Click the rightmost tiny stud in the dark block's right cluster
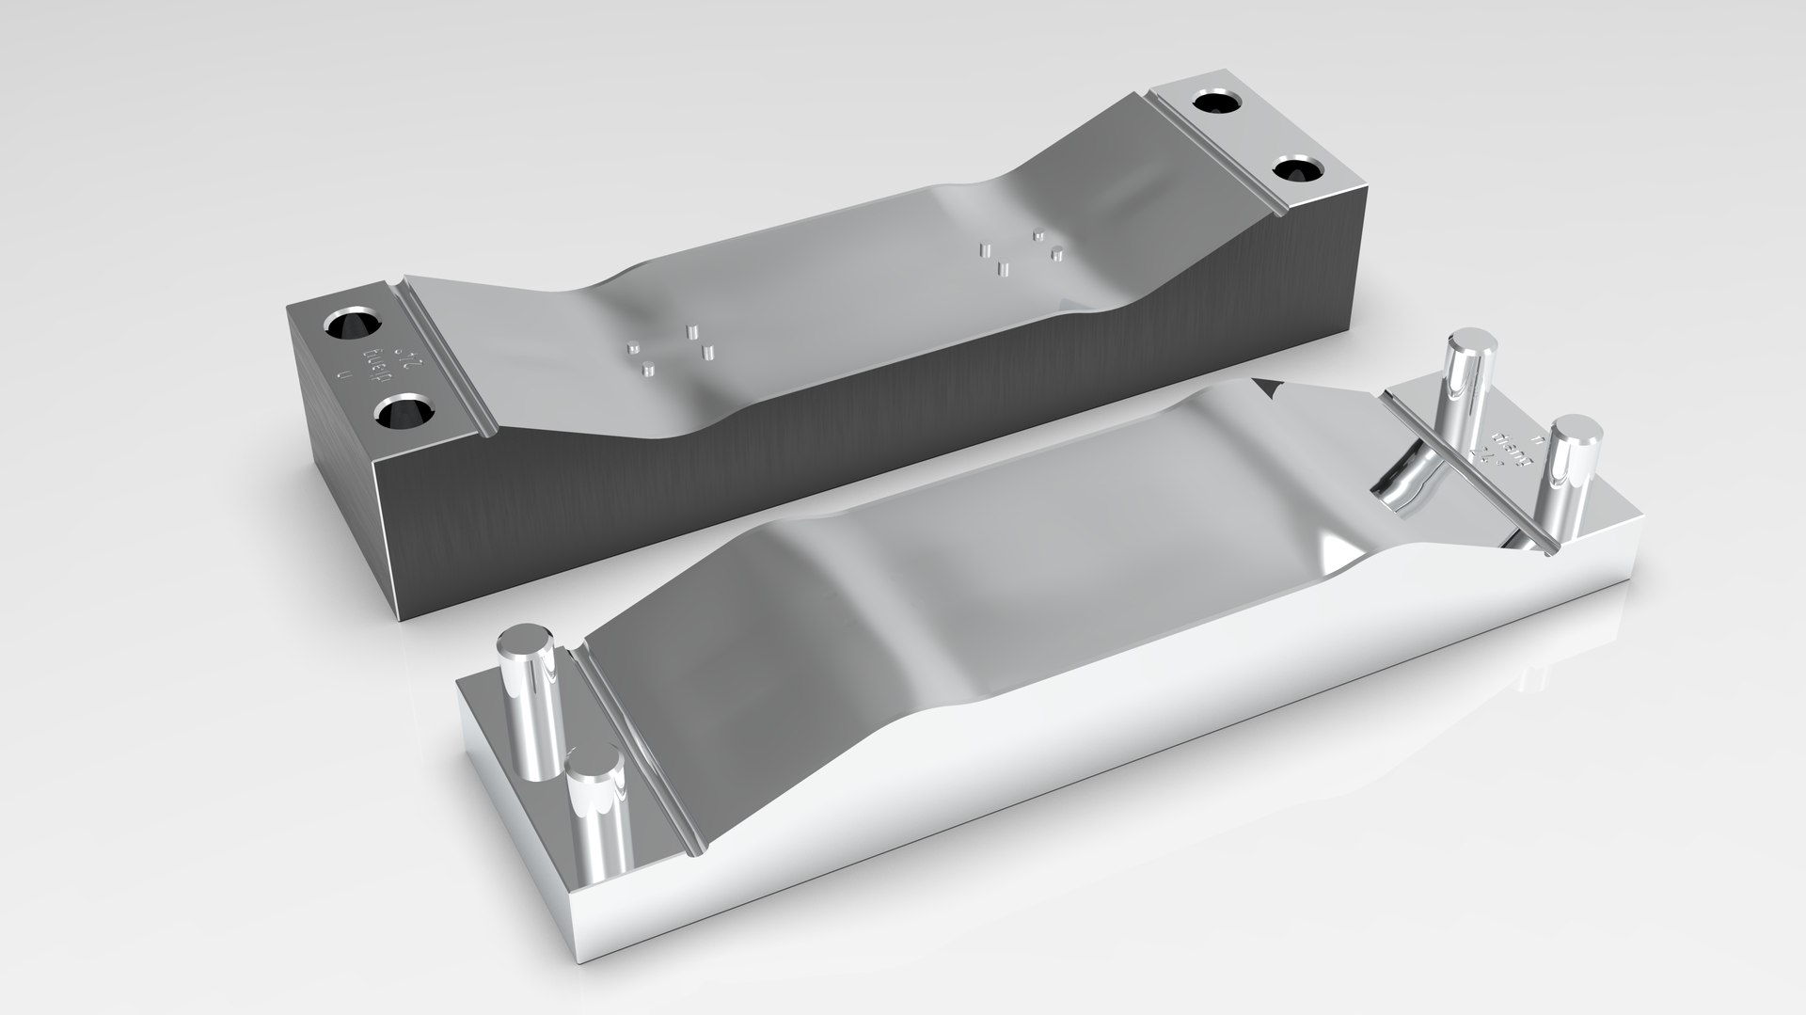1057,251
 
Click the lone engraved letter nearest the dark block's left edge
343,375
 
